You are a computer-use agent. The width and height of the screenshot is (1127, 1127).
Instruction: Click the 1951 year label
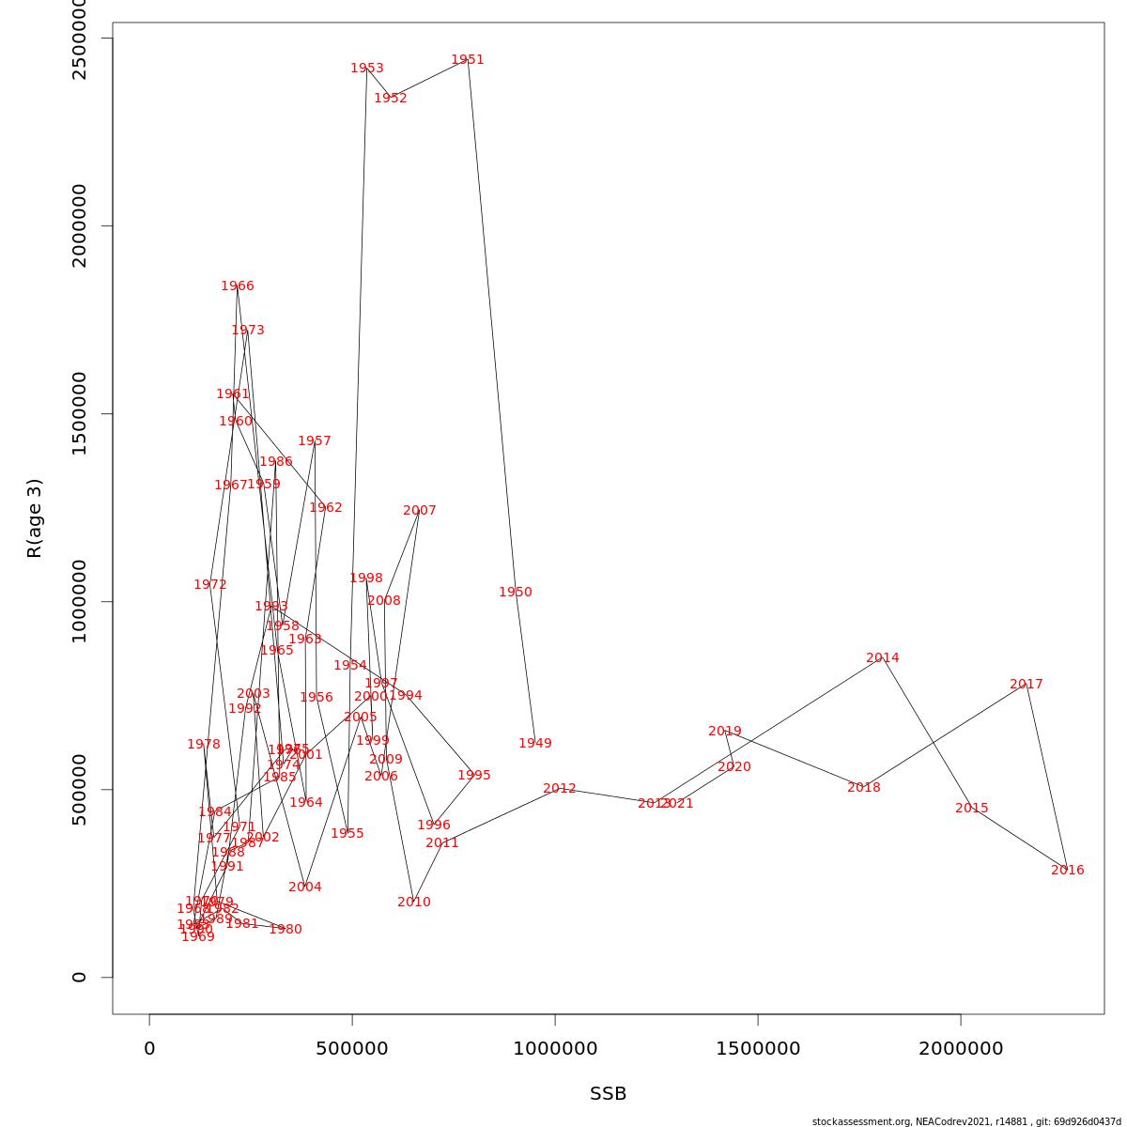(x=468, y=60)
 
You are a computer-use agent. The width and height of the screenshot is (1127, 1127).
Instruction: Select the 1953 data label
(x=367, y=69)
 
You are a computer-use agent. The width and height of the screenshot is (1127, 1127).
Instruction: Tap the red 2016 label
(x=1068, y=871)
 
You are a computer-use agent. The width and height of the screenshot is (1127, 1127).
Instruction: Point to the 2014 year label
(x=883, y=658)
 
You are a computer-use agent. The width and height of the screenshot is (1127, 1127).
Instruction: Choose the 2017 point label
(x=1027, y=685)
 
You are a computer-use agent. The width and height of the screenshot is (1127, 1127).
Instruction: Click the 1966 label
(x=238, y=286)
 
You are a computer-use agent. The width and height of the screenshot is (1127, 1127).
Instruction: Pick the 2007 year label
(x=420, y=511)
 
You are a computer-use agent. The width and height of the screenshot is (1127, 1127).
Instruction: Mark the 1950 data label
(x=516, y=593)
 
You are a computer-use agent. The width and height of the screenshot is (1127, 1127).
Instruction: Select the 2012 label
(x=560, y=789)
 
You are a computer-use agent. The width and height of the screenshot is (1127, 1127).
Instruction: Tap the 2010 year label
(x=414, y=903)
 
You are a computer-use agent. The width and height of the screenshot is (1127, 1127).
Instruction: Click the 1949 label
(x=535, y=744)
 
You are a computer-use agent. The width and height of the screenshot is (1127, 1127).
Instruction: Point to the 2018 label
(x=864, y=788)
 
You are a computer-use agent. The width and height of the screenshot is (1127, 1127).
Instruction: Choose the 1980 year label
(x=286, y=930)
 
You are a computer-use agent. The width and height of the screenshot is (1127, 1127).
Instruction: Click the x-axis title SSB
(x=609, y=1094)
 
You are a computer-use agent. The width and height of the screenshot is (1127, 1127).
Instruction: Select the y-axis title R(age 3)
(x=35, y=518)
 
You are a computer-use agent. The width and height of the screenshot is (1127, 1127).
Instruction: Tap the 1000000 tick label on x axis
(x=555, y=1049)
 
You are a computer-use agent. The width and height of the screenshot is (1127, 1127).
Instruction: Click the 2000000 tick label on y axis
(x=80, y=225)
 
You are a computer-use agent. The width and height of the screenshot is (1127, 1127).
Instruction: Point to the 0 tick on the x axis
(x=149, y=1049)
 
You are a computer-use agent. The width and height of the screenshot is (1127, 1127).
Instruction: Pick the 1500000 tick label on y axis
(x=80, y=413)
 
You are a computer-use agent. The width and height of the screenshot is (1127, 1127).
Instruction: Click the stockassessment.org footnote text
(x=966, y=1121)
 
